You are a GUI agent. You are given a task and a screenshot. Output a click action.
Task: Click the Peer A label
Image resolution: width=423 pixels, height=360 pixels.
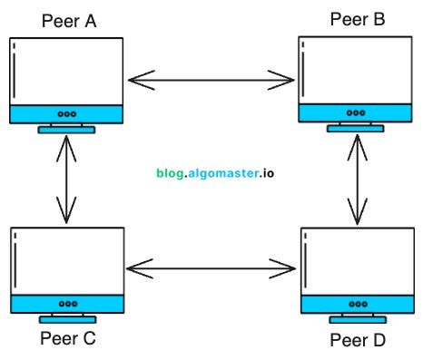[69, 19]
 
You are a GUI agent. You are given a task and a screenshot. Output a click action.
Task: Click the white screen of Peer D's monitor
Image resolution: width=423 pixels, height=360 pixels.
[357, 260]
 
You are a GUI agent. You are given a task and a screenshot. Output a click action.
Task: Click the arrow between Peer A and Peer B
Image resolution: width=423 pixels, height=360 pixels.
[212, 82]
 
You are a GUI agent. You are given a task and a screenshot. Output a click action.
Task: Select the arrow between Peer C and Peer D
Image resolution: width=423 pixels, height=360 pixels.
[212, 268]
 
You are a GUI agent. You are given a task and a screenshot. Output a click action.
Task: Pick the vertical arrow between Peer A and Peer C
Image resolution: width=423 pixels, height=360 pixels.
[64, 180]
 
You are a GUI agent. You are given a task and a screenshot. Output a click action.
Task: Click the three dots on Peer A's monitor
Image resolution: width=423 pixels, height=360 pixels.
[66, 114]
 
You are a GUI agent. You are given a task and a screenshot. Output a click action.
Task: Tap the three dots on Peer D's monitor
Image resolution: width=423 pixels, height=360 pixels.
[357, 304]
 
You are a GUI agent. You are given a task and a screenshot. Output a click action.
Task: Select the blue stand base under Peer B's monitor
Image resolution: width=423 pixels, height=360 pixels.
[357, 130]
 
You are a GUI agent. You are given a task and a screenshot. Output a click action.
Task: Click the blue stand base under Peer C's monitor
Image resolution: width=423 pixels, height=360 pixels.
[66, 319]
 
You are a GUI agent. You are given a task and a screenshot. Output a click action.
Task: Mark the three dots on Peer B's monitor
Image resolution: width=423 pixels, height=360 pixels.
[357, 114]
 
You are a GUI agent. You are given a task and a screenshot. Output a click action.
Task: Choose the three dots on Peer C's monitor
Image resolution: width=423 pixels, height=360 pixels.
[66, 304]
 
